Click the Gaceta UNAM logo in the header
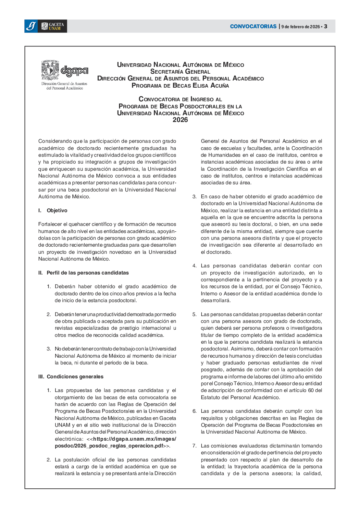pos(53,26)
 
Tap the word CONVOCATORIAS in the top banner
pos(253,26)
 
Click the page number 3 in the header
pos(326,26)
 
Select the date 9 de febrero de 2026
pos(301,27)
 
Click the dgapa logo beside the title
pos(74,71)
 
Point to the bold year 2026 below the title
pos(180,120)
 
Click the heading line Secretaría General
pos(180,72)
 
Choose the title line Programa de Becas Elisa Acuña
pos(180,85)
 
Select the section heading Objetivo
pos(57,211)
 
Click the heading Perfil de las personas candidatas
pos(88,273)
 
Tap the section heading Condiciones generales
pos(75,377)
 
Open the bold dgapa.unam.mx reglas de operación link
pos(116,442)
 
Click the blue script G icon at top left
pos(31,26)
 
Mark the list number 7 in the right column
pos(194,446)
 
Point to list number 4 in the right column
pos(194,266)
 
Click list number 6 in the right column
pos(194,411)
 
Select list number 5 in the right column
pos(194,314)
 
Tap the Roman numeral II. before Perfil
pos(41,273)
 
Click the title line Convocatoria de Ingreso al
pos(180,99)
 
